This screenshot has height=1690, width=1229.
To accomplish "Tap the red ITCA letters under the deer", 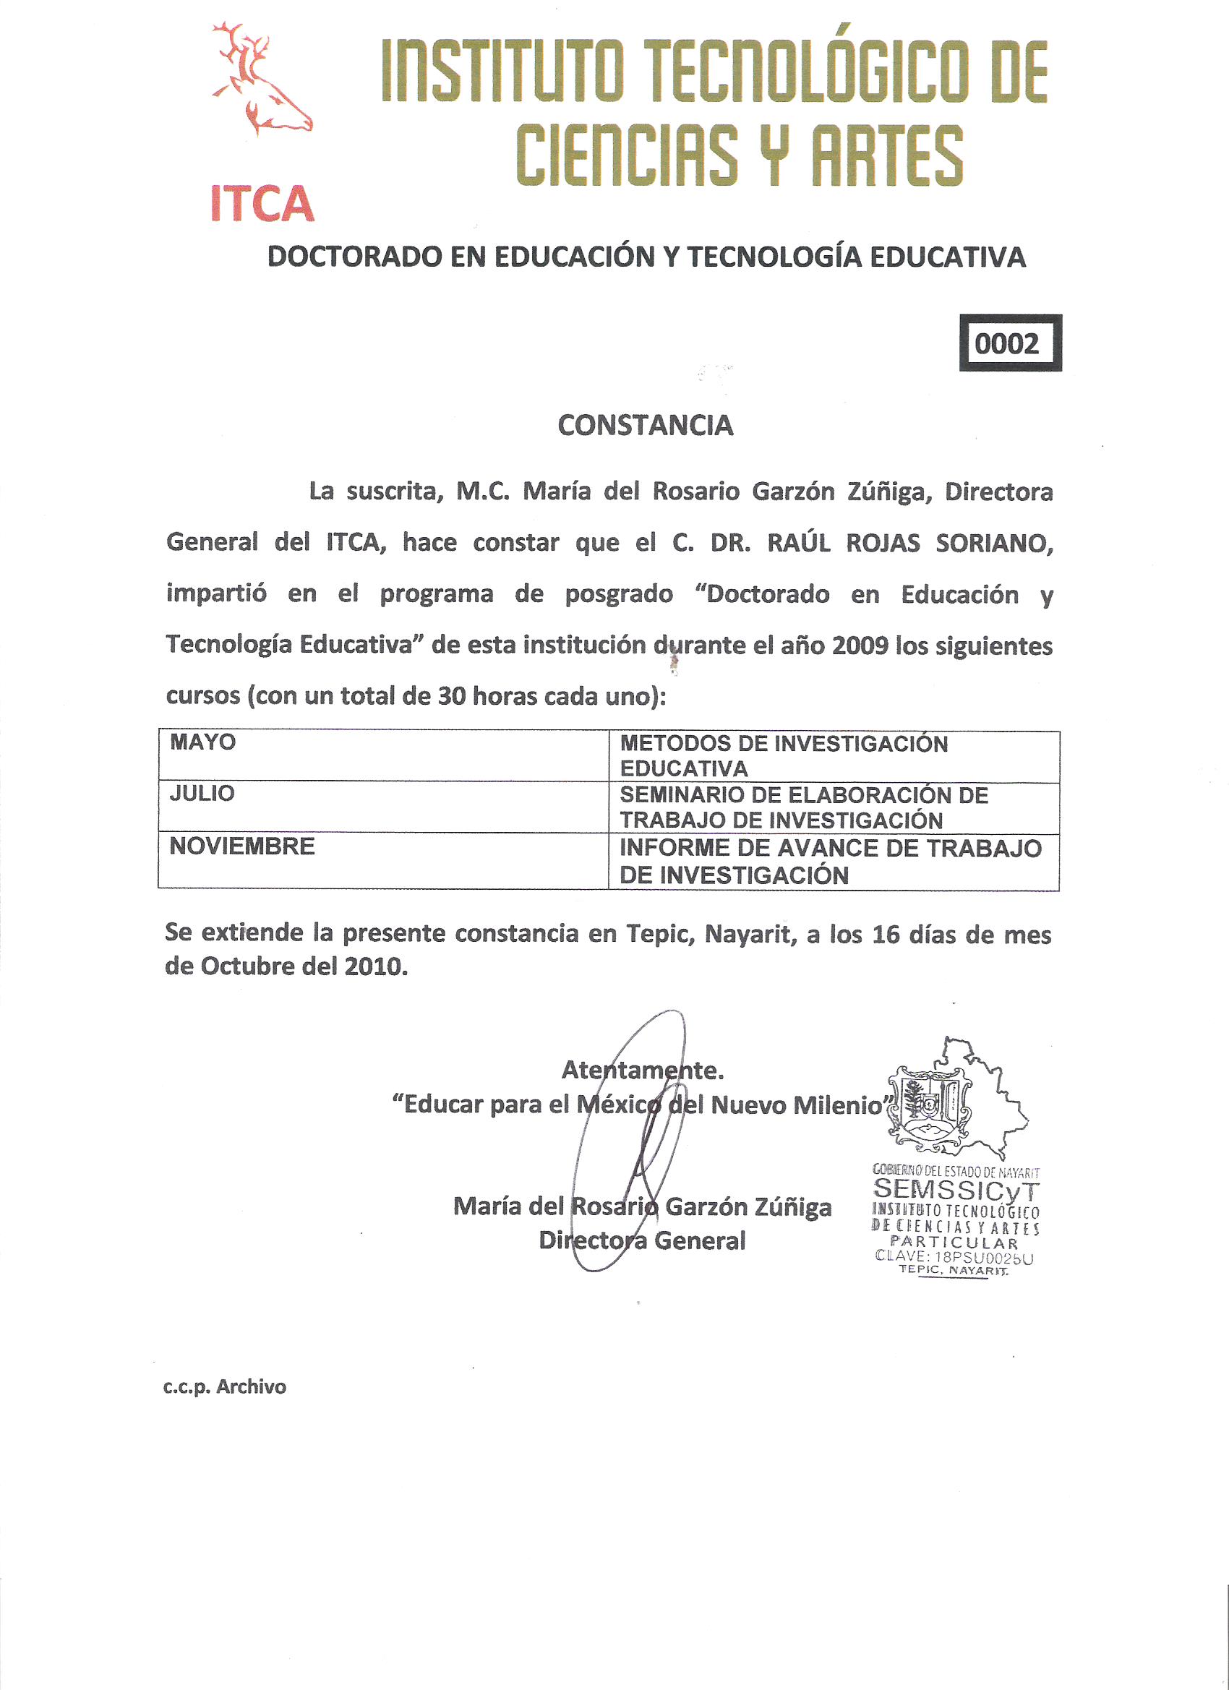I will [262, 204].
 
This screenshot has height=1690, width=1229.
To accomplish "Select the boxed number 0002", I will [1009, 343].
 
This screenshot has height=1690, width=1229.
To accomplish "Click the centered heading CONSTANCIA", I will [646, 426].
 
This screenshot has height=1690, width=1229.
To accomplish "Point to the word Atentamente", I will [643, 1070].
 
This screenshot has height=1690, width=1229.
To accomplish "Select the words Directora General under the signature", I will [642, 1240].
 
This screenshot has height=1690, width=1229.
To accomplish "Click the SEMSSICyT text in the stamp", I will [956, 1189].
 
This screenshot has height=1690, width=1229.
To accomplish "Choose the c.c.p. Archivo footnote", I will [225, 1386].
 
